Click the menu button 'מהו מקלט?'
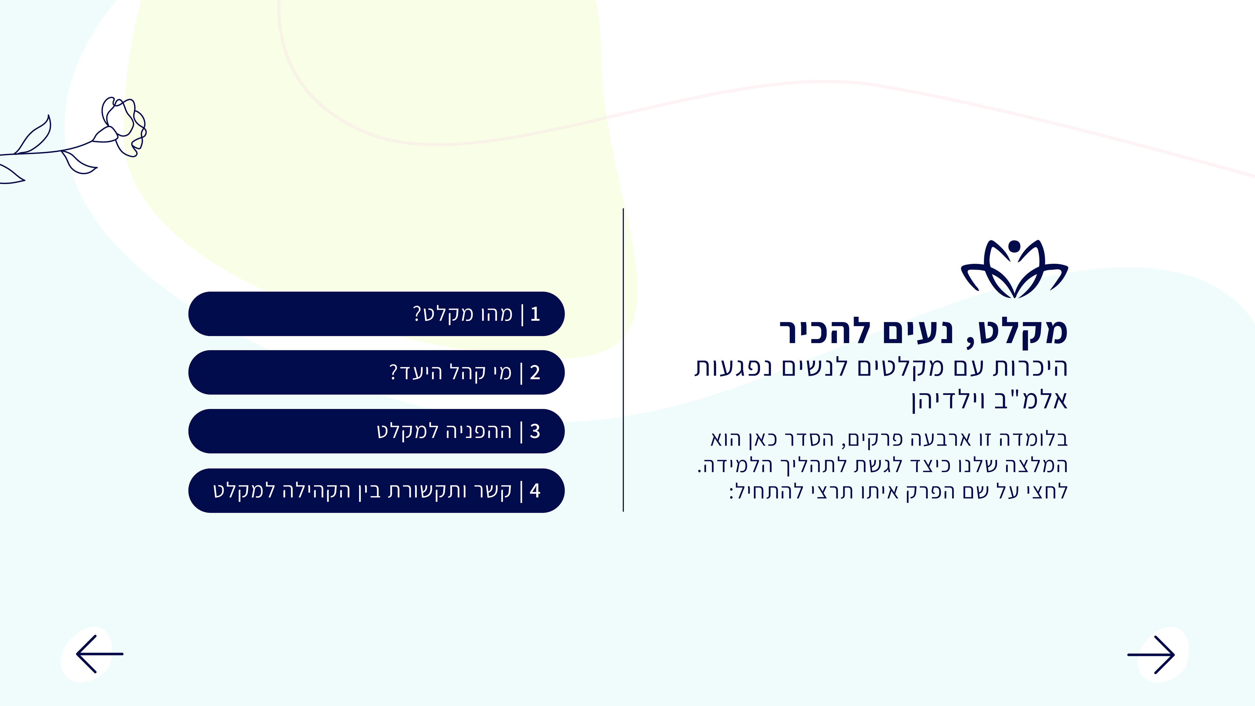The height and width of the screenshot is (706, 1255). (376, 314)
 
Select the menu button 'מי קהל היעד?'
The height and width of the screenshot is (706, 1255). (376, 372)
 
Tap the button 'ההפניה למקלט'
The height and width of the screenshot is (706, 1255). (376, 431)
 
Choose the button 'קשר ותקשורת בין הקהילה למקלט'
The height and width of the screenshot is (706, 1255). (376, 491)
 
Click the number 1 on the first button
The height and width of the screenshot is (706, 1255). (535, 314)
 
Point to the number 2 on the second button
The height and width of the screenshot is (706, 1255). (535, 373)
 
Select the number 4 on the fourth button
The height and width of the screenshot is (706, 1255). (535, 491)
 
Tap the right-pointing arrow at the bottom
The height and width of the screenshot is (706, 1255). (1151, 655)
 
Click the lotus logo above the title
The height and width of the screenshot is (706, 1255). (1014, 269)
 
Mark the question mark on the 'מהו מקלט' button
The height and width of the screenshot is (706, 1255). (417, 314)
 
